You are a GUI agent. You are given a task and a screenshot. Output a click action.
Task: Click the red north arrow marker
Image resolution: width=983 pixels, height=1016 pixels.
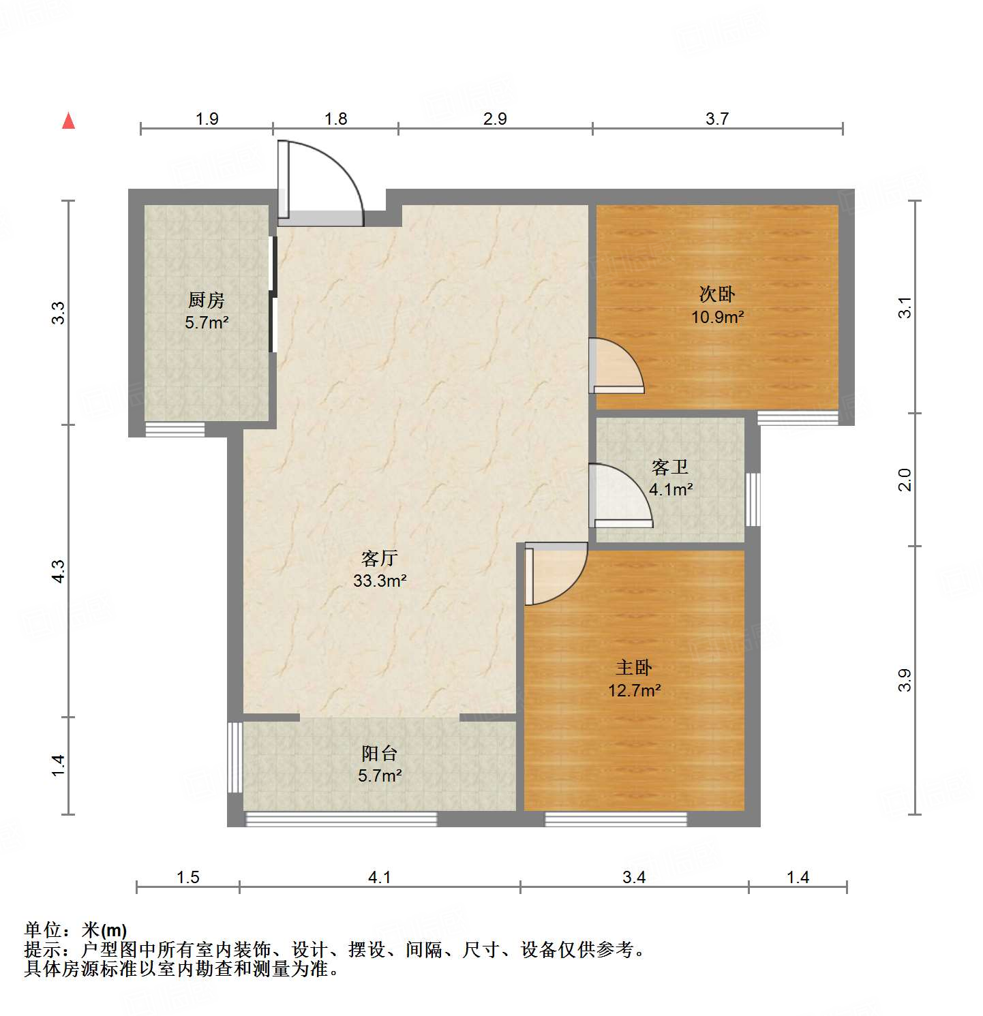[x=68, y=121]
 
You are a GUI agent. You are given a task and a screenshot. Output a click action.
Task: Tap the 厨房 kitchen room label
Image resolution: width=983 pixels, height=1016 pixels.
[x=206, y=300]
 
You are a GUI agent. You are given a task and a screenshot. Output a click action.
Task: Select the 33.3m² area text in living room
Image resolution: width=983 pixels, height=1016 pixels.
[x=380, y=581]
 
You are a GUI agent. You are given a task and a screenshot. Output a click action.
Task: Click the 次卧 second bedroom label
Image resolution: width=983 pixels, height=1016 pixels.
[x=717, y=294]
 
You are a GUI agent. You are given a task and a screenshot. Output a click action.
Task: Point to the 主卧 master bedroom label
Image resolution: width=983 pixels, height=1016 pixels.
[x=634, y=668]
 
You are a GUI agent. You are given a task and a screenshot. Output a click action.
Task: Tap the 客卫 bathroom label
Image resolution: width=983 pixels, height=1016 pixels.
[x=670, y=467]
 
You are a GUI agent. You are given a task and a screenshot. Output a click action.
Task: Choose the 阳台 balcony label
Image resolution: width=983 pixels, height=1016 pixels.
[x=380, y=754]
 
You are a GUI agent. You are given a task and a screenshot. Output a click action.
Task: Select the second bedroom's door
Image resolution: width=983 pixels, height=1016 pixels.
[x=615, y=367]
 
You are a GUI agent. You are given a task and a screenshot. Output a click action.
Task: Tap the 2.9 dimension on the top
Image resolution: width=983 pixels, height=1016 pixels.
[x=495, y=119]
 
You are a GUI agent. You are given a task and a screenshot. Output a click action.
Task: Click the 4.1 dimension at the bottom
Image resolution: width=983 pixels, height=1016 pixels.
[x=379, y=878]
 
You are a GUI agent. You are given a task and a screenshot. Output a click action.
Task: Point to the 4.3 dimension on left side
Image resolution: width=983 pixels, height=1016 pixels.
[x=59, y=571]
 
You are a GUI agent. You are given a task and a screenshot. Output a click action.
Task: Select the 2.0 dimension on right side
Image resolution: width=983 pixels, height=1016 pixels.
[x=905, y=480]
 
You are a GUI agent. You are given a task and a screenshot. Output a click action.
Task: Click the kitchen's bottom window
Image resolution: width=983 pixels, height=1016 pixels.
[x=175, y=429]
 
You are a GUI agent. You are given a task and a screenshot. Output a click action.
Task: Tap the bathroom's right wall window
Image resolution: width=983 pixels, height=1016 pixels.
[x=753, y=499]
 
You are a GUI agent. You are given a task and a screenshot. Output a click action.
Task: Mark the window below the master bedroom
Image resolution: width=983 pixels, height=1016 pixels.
[x=616, y=820]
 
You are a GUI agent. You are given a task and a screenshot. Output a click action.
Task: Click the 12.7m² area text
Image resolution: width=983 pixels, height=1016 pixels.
[x=634, y=691]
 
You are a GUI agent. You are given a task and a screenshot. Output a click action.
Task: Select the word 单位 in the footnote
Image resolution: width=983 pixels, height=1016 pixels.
[x=43, y=930]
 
